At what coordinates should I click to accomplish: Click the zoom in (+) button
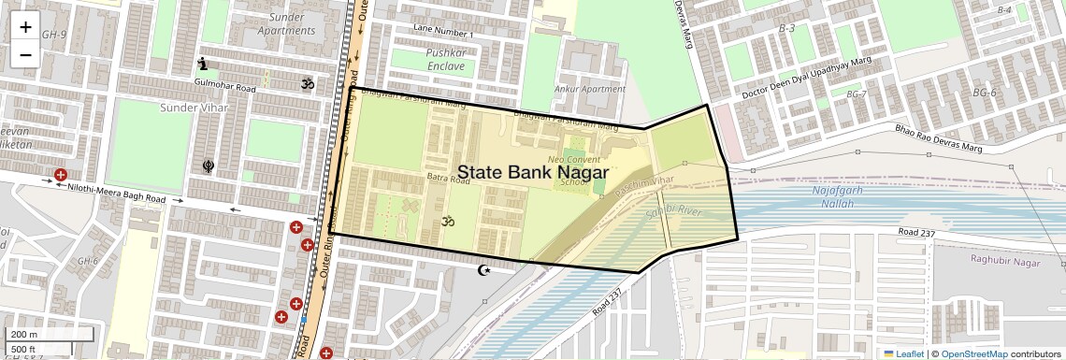25,26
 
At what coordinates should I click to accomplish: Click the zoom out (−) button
25,54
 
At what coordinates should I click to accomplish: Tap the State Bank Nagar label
532,173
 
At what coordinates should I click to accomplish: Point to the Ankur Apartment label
589,90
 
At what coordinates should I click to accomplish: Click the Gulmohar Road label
224,87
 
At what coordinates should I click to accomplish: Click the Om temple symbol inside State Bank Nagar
448,222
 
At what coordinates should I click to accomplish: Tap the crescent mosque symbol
483,270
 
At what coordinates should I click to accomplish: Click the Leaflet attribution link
904,353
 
